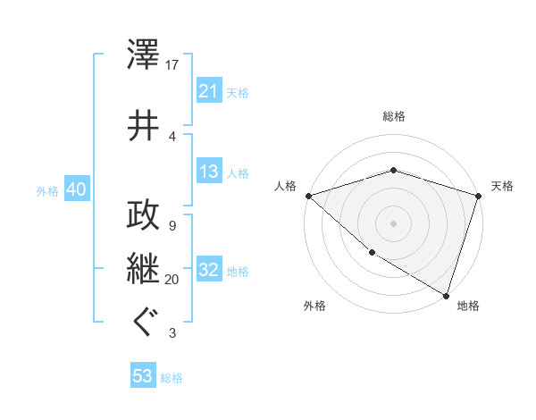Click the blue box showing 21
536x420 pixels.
pos(209,92)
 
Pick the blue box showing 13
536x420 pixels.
pos(209,172)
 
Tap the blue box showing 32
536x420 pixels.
pos(209,271)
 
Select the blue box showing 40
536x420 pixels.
pos(76,189)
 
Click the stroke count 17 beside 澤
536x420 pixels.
pos(172,65)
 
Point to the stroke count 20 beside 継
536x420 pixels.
pos(172,279)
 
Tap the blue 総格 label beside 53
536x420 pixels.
pos(172,378)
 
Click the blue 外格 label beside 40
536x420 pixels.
pos(47,190)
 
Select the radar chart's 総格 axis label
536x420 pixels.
pos(394,116)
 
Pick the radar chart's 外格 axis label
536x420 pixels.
pos(314,307)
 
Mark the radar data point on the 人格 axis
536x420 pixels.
pos(308,195)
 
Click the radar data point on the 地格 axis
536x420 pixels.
pos(446,295)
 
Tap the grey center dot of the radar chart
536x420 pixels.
pos(393,223)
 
